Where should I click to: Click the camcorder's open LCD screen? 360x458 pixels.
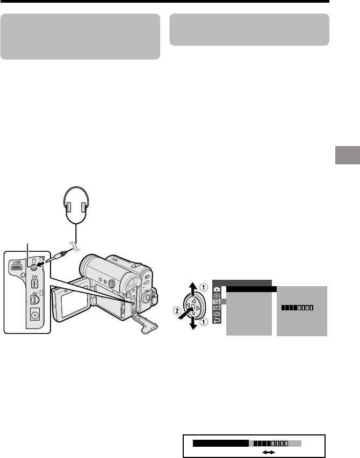[x=66, y=306]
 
